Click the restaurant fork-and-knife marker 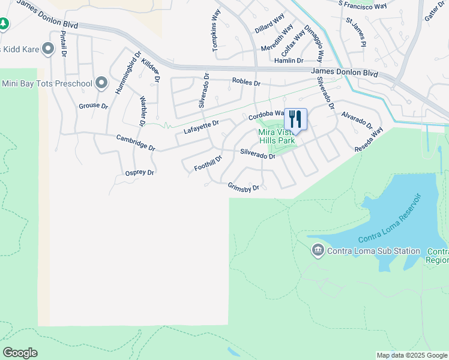tap(295, 118)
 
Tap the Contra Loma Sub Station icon tap(318, 251)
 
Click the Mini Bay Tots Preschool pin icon tap(101, 83)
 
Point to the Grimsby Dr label tap(243, 187)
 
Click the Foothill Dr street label tap(208, 163)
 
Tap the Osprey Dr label tap(140, 172)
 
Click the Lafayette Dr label tap(202, 127)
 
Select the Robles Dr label tap(246, 83)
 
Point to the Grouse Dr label tap(93, 106)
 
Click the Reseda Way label tap(370, 140)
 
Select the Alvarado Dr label tap(357, 119)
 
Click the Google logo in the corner tap(20, 353)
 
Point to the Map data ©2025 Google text tap(412, 355)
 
